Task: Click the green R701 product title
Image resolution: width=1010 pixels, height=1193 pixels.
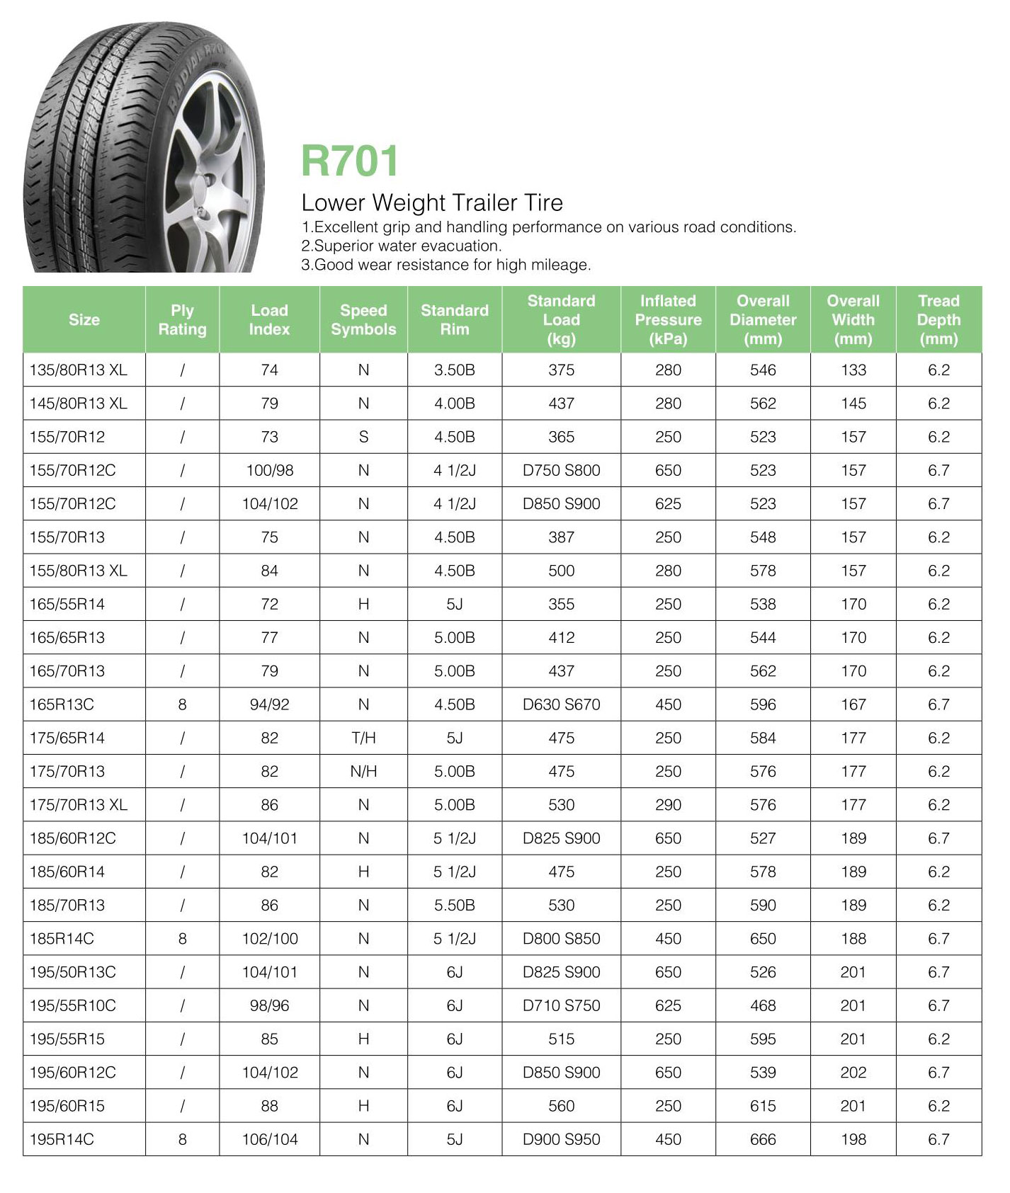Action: point(350,161)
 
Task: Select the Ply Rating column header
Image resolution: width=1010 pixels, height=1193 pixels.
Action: point(182,319)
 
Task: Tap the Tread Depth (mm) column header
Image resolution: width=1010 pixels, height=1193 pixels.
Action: point(938,319)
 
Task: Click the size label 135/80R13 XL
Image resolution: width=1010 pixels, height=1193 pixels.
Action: point(78,370)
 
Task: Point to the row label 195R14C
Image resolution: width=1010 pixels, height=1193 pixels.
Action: point(62,1139)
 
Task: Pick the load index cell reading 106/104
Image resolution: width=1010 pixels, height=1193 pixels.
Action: point(269,1139)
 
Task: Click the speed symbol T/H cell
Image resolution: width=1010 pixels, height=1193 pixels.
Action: point(363,738)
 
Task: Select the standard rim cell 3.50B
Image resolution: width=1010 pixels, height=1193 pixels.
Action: point(454,370)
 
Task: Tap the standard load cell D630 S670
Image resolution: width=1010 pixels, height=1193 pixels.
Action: point(561,704)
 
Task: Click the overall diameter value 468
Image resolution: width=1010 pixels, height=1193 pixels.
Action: point(763,1005)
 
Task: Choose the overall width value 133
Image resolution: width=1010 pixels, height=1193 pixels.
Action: point(853,370)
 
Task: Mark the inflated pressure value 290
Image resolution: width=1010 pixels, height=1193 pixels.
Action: point(668,805)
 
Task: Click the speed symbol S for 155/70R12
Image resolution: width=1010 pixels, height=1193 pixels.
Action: point(363,437)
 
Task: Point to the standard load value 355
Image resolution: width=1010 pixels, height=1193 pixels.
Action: point(561,604)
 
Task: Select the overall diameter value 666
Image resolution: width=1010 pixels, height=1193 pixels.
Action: point(763,1139)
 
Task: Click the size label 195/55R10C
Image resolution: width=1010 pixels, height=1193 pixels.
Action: point(72,1005)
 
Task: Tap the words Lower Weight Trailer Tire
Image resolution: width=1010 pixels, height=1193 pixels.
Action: point(432,202)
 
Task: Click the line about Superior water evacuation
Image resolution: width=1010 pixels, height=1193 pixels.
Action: point(402,246)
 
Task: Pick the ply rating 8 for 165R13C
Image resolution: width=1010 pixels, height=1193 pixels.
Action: point(182,704)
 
